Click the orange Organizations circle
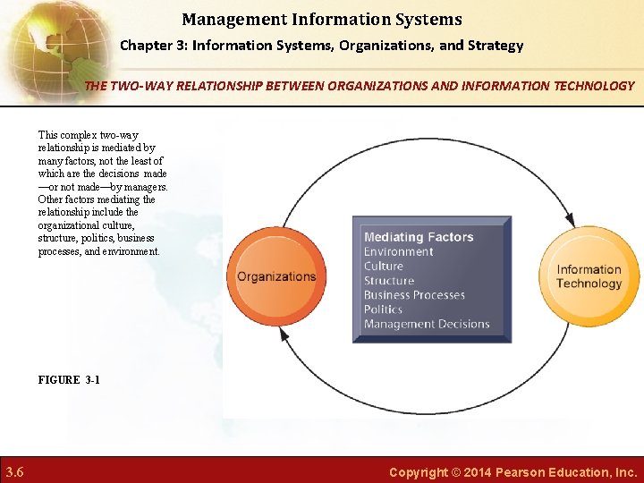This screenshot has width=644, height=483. coord(275,276)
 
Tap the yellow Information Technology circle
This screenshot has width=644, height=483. coord(589,276)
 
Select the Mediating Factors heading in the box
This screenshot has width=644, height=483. coord(419,237)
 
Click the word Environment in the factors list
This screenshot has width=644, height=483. coord(398,251)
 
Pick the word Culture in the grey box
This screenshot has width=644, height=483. coord(384,266)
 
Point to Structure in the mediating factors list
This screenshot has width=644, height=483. coord(389,281)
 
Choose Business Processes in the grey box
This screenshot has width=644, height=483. coord(414,295)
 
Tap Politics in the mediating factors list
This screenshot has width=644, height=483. coord(384,309)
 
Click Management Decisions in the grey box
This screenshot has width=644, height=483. coord(427,324)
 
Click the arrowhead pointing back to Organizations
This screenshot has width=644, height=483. coord(284,334)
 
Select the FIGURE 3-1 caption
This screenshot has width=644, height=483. coord(69,380)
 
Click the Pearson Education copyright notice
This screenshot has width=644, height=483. coord(513,471)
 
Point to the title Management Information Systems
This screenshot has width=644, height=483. coord(322,19)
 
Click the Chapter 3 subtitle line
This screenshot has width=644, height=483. coord(322,45)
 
